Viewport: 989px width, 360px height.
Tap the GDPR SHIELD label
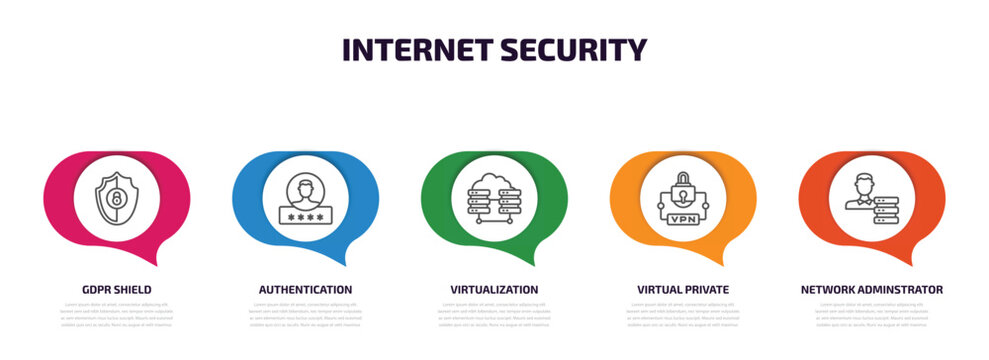click(117, 289)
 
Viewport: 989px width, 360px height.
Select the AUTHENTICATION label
click(305, 289)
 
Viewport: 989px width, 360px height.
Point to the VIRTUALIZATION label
click(494, 289)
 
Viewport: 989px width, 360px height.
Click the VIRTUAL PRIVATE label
click(683, 289)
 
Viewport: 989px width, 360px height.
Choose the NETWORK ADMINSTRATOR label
click(871, 289)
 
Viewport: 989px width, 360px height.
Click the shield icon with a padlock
click(116, 198)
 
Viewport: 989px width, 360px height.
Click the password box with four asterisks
click(305, 215)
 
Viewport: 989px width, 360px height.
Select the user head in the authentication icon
click(305, 188)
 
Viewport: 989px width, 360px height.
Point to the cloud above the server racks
click(494, 180)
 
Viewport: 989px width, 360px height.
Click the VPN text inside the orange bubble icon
click(683, 218)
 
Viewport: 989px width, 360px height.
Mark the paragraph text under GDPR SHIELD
click(117, 314)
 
